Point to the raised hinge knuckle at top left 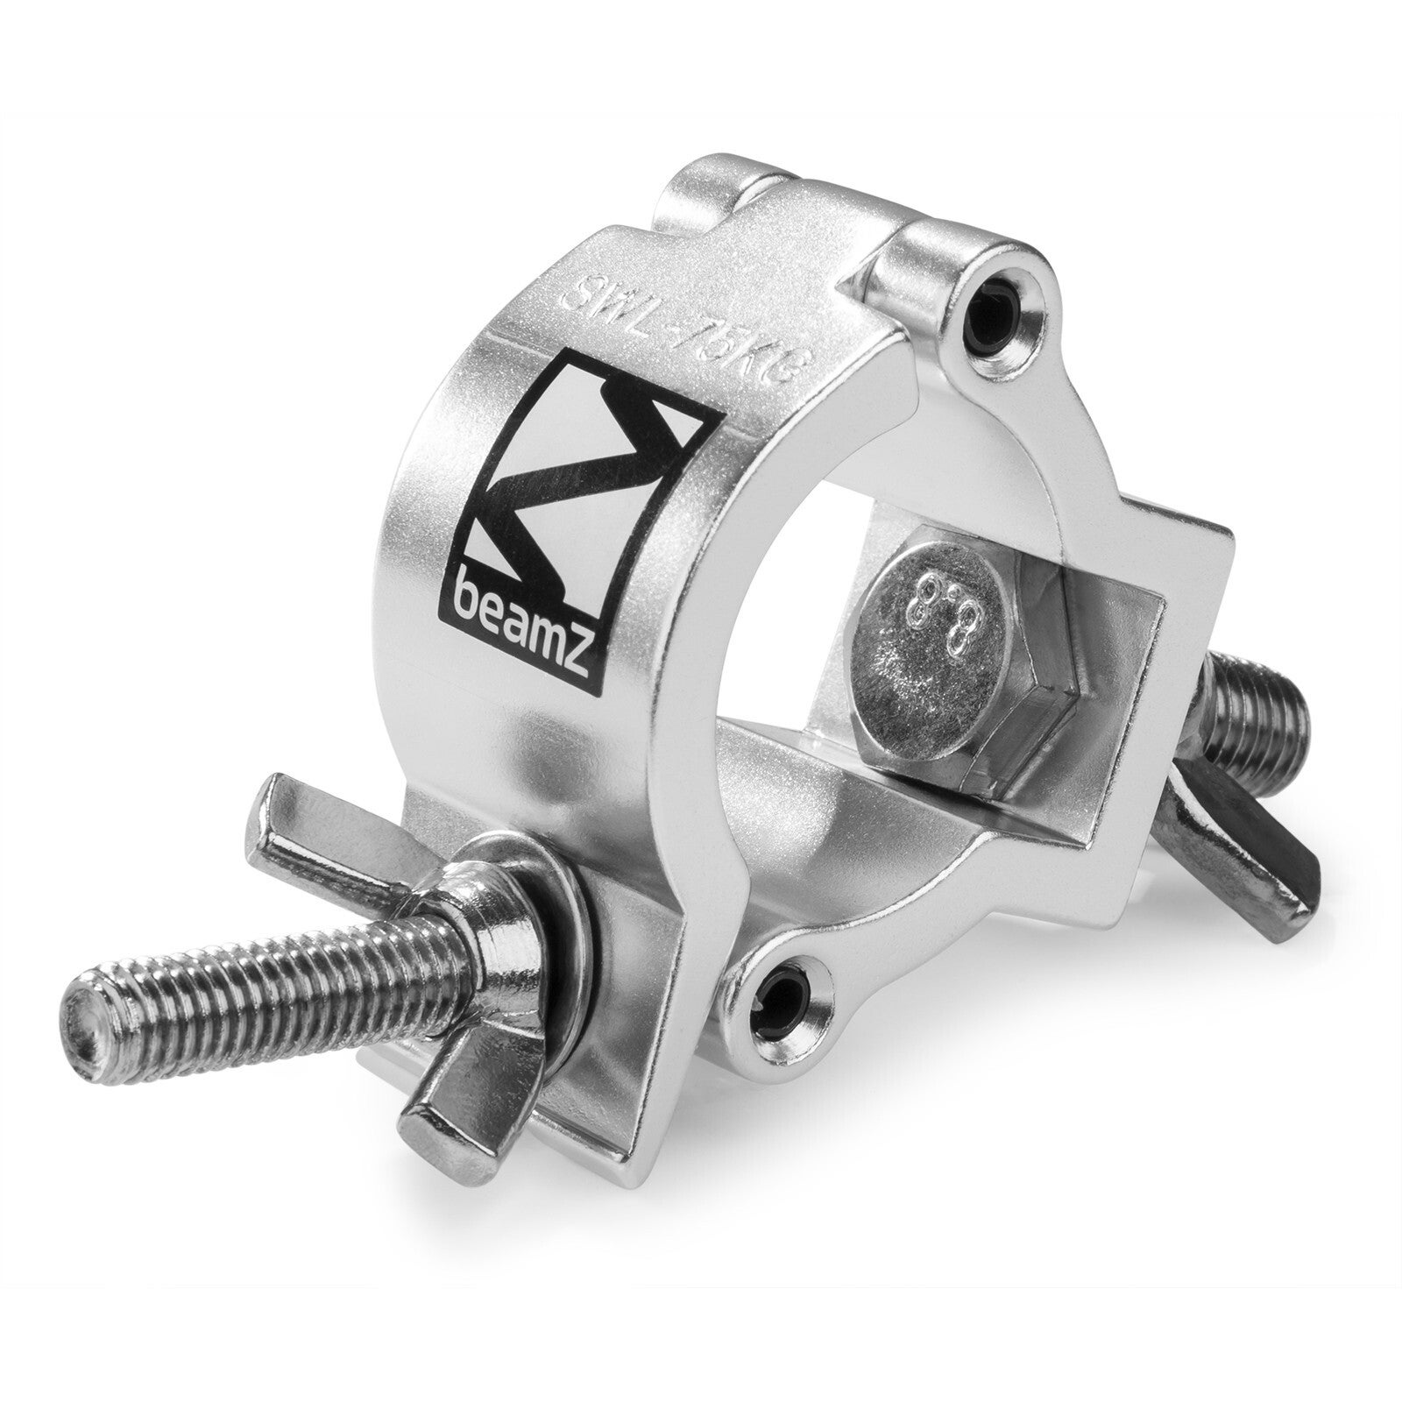coord(701,188)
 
